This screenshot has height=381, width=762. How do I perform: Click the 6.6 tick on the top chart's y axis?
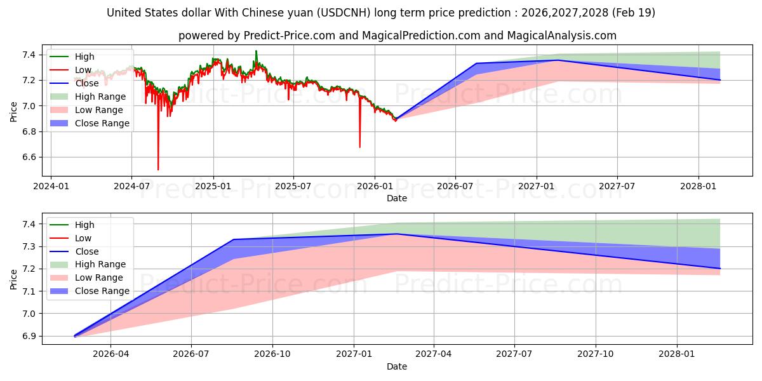click(x=29, y=157)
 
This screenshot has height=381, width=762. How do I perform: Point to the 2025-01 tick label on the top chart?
click(x=213, y=187)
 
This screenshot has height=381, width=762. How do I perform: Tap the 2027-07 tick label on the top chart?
click(x=617, y=187)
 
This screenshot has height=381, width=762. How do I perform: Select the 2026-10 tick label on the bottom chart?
click(x=272, y=354)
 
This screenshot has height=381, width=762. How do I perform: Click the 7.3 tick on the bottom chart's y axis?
click(x=29, y=246)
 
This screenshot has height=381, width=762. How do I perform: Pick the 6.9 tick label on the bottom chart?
click(x=29, y=336)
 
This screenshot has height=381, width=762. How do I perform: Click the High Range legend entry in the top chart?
click(x=88, y=97)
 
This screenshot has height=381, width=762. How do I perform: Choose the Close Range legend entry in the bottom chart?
click(x=90, y=291)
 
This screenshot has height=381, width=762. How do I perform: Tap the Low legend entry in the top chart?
click(x=70, y=70)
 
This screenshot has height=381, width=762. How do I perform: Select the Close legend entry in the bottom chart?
click(x=74, y=251)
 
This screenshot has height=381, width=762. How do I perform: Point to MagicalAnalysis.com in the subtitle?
click(x=561, y=36)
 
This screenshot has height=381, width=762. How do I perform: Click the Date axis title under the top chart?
click(x=397, y=198)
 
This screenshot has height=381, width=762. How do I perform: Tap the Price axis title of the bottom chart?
click(x=13, y=279)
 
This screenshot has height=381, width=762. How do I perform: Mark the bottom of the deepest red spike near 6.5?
click(x=158, y=170)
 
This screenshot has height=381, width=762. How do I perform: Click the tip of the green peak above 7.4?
click(x=256, y=51)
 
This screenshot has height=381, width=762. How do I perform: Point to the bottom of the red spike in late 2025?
click(x=360, y=147)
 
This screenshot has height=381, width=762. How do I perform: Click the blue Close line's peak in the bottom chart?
click(x=396, y=234)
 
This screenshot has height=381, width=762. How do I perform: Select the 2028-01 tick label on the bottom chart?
click(x=677, y=354)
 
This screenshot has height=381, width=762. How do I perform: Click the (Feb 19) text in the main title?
click(x=634, y=13)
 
